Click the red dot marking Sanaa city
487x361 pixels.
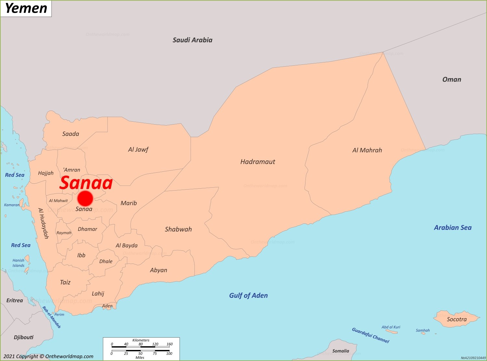pos(85,198)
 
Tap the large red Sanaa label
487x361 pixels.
pos(86,183)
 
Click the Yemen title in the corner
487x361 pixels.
pos(26,8)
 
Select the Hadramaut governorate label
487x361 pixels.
pos(257,162)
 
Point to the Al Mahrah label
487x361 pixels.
pos(367,150)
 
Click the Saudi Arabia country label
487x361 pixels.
pos(192,40)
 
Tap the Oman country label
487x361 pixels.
pos(452,79)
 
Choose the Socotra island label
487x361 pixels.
pos(456,319)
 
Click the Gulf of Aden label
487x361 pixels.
pos(248,295)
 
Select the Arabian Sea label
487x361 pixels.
pos(453,228)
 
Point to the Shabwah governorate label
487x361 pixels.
pos(178,229)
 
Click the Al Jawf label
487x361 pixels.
pos(138,150)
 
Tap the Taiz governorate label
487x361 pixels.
pos(65,282)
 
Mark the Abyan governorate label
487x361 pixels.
pos(158,270)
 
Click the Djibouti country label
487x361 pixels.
pos(23,337)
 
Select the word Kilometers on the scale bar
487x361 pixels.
pos(141,340)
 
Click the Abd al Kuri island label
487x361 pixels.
pos(391,327)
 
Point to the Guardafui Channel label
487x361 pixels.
pos(370,335)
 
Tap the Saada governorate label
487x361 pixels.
pos(70,134)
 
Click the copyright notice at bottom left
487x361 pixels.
pos(48,356)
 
